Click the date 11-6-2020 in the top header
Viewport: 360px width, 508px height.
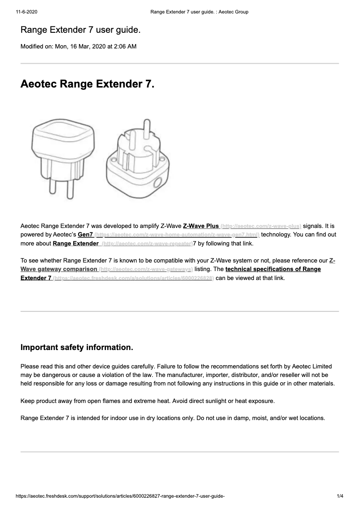pyautogui.click(x=25, y=12)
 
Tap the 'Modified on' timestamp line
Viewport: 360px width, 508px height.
pyautogui.click(x=79, y=46)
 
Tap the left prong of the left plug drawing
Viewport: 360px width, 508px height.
pyautogui.click(x=51, y=189)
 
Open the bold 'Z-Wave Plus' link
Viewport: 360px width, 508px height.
pyautogui.click(x=201, y=226)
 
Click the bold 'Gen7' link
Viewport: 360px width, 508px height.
pyautogui.click(x=85, y=235)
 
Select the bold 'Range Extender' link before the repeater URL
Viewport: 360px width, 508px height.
pyautogui.click(x=75, y=244)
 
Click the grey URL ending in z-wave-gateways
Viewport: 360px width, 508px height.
pyautogui.click(x=145, y=269)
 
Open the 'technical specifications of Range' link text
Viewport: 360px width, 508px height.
pyautogui.click(x=273, y=269)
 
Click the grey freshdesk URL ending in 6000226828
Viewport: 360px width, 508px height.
pyautogui.click(x=133, y=278)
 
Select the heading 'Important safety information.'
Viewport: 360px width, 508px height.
pyautogui.click(x=77, y=348)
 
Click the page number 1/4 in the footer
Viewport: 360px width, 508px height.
pyautogui.click(x=340, y=496)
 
